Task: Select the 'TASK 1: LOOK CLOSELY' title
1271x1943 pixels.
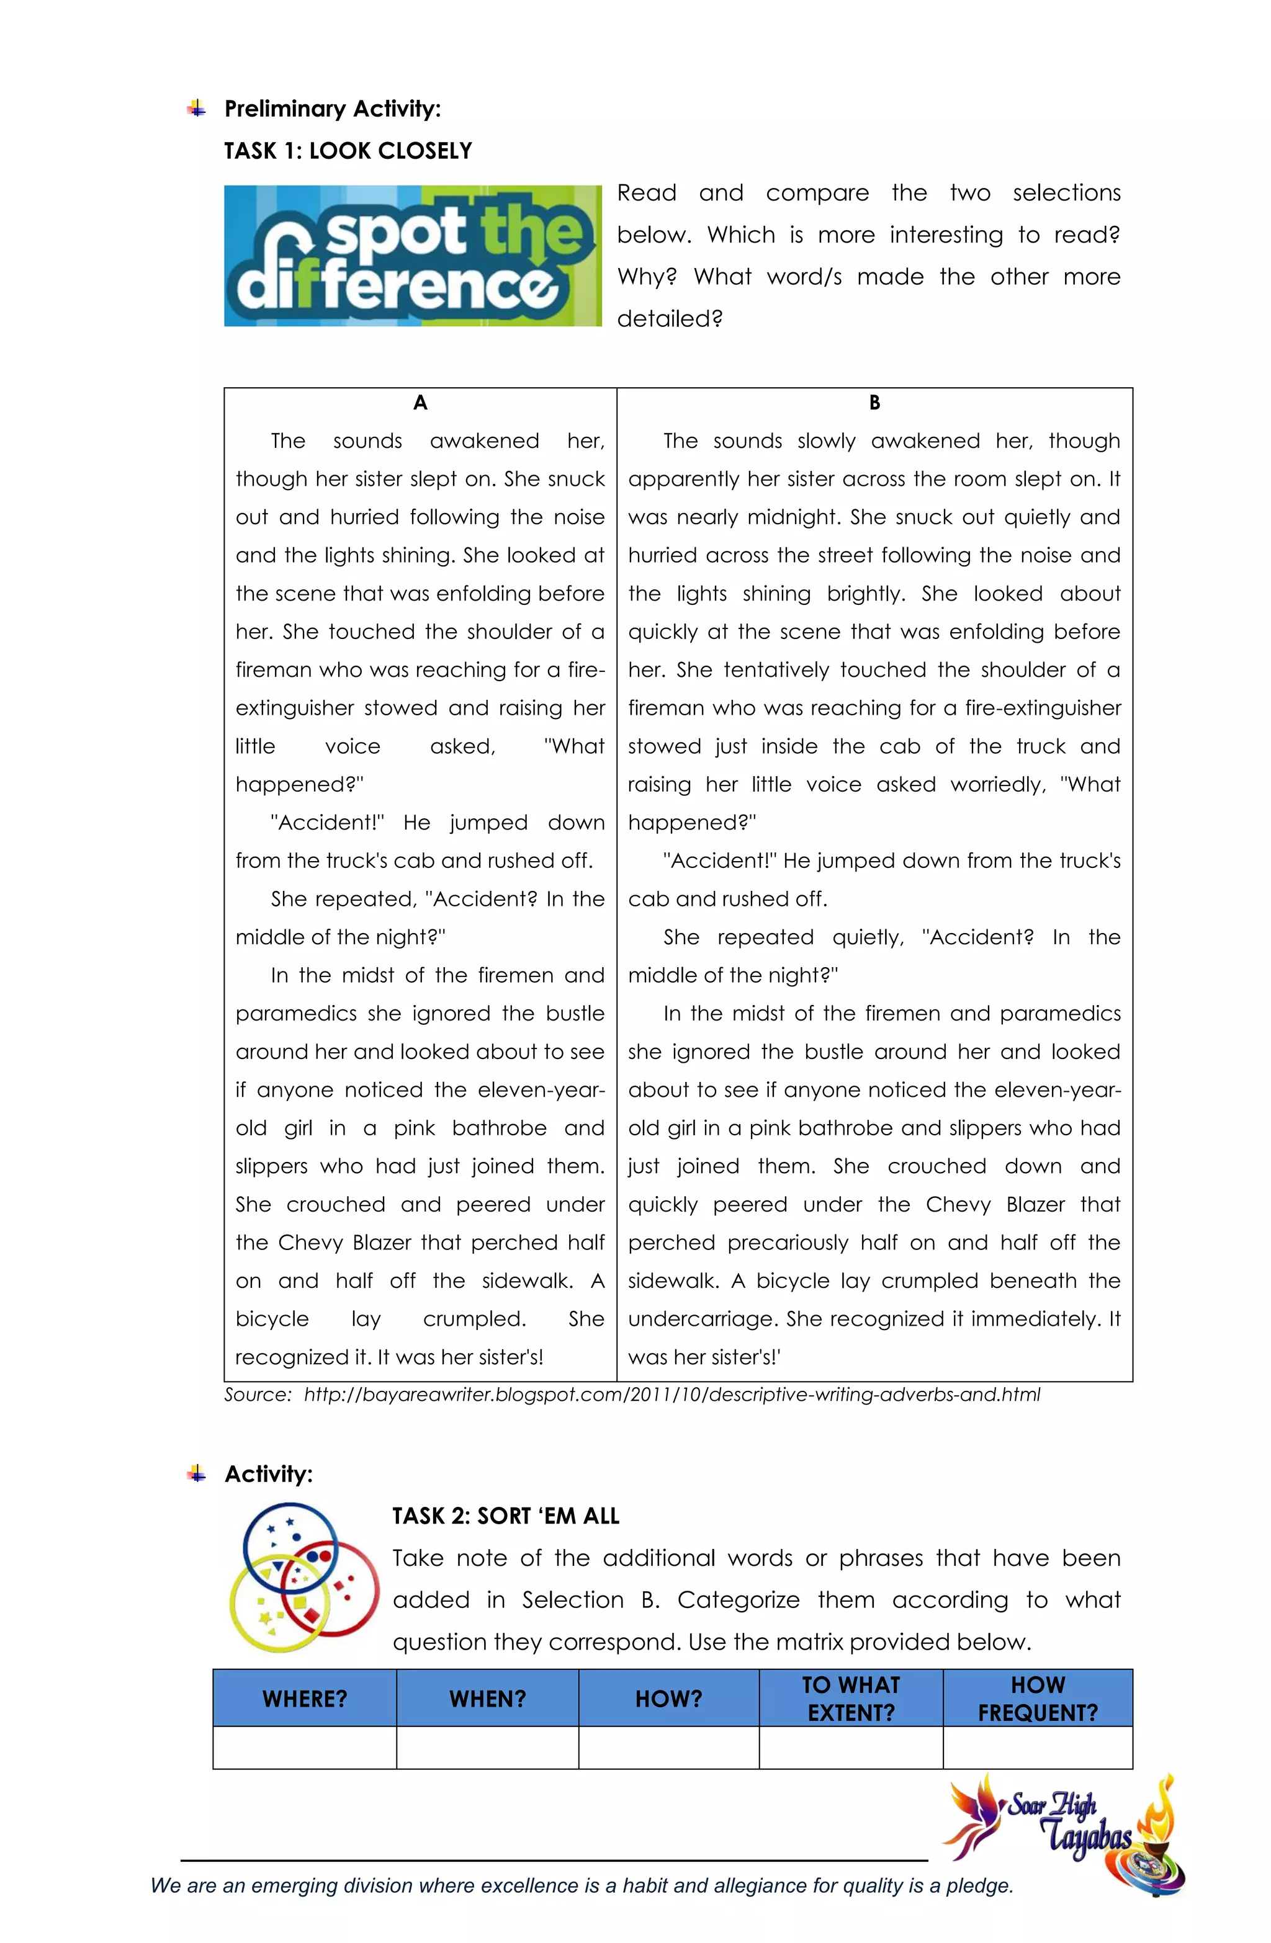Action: point(348,151)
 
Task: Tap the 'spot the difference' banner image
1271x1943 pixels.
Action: point(413,256)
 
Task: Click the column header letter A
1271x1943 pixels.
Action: point(420,403)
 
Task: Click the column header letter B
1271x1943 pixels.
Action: point(874,403)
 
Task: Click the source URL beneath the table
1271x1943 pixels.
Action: point(671,1395)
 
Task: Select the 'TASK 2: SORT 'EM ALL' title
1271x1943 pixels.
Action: point(506,1516)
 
